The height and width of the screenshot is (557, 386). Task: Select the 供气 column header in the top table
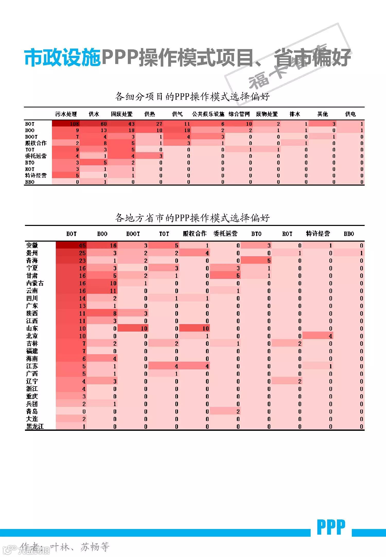[177, 114]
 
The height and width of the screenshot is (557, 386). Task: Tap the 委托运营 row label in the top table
[36, 156]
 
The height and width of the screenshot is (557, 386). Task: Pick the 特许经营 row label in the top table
[36, 175]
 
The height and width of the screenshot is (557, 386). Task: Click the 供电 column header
[350, 114]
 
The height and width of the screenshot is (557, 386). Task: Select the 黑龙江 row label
[35, 426]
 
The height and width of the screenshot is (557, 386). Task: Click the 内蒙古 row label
[35, 283]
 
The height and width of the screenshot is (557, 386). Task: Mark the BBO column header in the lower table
[349, 234]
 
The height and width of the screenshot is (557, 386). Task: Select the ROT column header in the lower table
[287, 234]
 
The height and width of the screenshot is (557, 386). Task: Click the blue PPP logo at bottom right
[331, 527]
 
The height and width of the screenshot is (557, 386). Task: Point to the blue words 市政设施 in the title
[62, 58]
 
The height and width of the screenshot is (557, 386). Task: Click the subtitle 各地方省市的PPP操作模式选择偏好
[192, 218]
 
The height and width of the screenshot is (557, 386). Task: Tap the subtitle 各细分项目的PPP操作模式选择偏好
[192, 97]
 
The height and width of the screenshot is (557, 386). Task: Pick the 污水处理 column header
[66, 114]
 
